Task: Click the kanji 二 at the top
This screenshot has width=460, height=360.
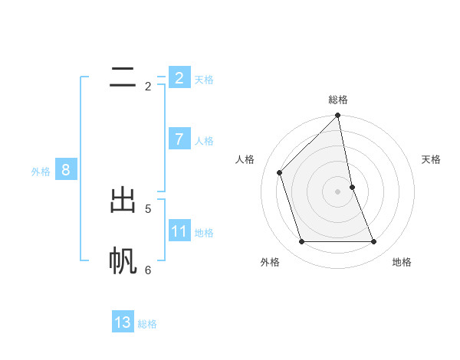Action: point(123,77)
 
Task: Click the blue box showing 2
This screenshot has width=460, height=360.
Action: point(179,77)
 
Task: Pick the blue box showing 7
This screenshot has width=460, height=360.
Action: point(179,139)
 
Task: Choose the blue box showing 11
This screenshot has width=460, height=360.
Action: point(179,231)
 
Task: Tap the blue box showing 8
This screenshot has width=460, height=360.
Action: point(66,170)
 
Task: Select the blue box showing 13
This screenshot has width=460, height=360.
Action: point(123,322)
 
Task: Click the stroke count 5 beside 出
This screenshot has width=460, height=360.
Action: point(148,208)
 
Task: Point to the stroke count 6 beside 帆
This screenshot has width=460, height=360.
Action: point(148,270)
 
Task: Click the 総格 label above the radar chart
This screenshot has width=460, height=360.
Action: point(338,100)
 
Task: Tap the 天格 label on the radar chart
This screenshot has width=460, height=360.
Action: point(432,159)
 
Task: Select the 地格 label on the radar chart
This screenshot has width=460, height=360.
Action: point(402,262)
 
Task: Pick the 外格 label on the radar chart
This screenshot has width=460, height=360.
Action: point(270,262)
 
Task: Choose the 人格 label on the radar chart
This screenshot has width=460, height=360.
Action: point(245,159)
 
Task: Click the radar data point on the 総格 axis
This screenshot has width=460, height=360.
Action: point(338,116)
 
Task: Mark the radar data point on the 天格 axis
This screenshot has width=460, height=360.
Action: point(352,187)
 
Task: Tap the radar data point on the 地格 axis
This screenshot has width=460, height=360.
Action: point(374,241)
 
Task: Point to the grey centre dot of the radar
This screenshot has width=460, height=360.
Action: point(338,191)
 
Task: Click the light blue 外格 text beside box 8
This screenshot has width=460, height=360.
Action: point(41,172)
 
